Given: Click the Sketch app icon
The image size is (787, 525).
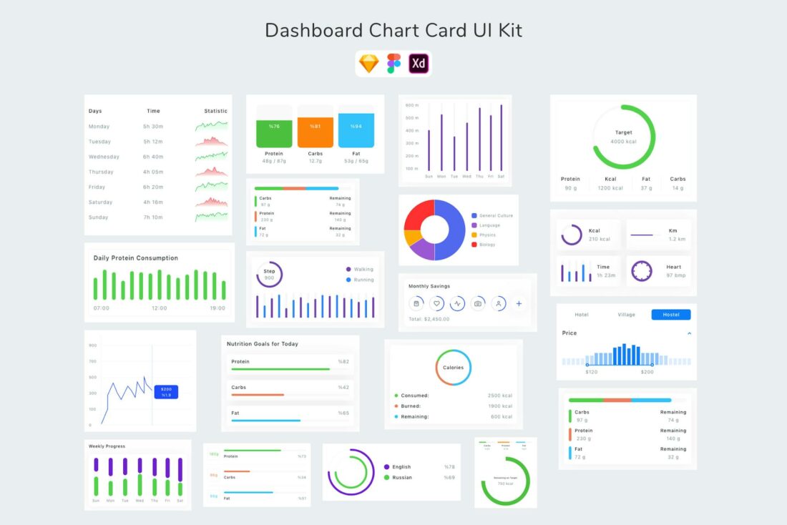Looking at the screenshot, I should click(369, 64).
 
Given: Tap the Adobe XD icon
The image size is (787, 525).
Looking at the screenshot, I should click(419, 64).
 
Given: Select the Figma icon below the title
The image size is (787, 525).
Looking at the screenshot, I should click(393, 64).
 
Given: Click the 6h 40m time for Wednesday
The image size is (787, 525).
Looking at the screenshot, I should click(152, 157).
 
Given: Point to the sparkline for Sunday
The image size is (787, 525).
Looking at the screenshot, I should click(211, 216).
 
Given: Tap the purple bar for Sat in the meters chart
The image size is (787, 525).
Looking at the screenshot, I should click(501, 139).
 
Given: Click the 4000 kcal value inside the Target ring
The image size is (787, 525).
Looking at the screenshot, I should click(623, 142).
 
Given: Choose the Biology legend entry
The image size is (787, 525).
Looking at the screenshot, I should click(487, 245).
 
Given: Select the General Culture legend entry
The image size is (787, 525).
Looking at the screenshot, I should click(495, 215).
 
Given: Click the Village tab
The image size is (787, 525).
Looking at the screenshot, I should click(626, 315).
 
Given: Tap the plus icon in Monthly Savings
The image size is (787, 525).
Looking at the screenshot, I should click(519, 303).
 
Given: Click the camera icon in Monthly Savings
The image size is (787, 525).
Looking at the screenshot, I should click(478, 303).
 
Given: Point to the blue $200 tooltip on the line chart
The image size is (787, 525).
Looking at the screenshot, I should click(166, 391).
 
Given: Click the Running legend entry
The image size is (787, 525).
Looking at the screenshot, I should click(363, 280).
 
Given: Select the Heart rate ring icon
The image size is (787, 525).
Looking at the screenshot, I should click(642, 271).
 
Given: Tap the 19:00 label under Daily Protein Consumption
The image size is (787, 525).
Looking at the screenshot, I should click(217, 308).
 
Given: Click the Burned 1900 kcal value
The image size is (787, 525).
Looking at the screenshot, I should click(500, 406).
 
